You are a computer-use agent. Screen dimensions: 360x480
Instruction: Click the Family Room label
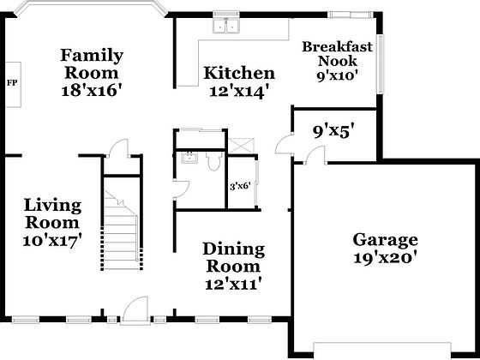click(x=92, y=63)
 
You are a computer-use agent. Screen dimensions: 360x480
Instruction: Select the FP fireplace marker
click(x=12, y=83)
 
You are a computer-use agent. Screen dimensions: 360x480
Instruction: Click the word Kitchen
click(x=239, y=73)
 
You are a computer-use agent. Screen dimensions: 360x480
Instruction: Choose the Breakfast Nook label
click(x=337, y=53)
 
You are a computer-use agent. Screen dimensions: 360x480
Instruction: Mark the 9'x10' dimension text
click(x=337, y=75)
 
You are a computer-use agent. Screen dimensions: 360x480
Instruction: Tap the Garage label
click(x=385, y=239)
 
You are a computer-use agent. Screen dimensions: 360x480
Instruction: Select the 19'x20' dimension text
click(x=385, y=257)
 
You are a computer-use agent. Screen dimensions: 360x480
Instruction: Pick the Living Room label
click(x=52, y=214)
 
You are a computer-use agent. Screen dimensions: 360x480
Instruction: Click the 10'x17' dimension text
click(x=52, y=241)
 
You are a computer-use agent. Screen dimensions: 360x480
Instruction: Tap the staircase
click(x=120, y=223)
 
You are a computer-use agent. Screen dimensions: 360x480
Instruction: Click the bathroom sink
click(x=188, y=159)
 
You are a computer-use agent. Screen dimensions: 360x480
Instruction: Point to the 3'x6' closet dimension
click(x=239, y=187)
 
